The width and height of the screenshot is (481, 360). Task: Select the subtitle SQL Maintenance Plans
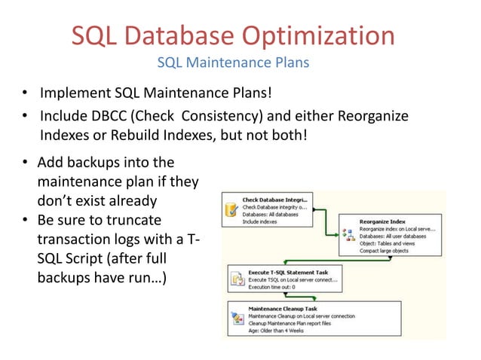232,63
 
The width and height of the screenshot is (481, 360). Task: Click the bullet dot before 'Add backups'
25,163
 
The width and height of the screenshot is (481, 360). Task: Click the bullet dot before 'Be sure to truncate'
25,221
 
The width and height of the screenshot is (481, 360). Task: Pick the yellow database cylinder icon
231,209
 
